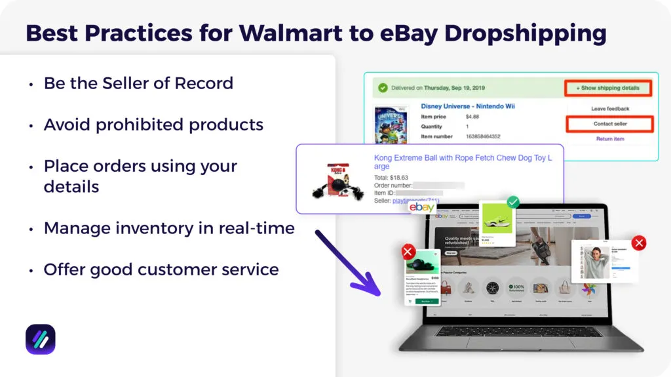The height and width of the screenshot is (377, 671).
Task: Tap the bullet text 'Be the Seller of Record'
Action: tap(138, 83)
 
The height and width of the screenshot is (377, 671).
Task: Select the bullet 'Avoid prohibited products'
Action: tap(153, 125)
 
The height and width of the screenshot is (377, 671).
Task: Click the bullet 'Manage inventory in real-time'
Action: tap(169, 228)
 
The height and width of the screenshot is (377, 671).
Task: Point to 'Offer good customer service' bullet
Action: tap(161, 269)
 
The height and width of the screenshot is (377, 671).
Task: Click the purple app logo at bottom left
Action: tap(41, 339)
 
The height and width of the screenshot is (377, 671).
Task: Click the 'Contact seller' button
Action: tap(609, 124)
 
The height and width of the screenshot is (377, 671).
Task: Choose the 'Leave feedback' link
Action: tap(609, 109)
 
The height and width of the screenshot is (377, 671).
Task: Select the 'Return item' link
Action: tap(609, 139)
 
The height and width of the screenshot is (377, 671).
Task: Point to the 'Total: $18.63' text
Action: tap(391, 178)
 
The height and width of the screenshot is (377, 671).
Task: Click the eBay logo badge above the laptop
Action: tap(422, 207)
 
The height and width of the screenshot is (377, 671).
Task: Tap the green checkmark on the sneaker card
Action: tap(513, 203)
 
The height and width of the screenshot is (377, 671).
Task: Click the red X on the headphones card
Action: tap(408, 252)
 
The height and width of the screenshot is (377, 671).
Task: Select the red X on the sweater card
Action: tap(639, 243)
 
